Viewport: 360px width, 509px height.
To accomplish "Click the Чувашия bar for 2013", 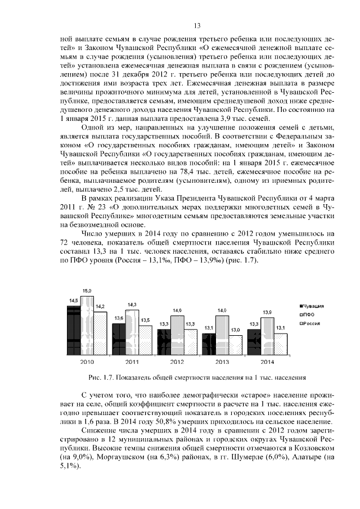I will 208,343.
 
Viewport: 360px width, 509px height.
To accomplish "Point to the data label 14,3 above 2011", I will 132,304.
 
